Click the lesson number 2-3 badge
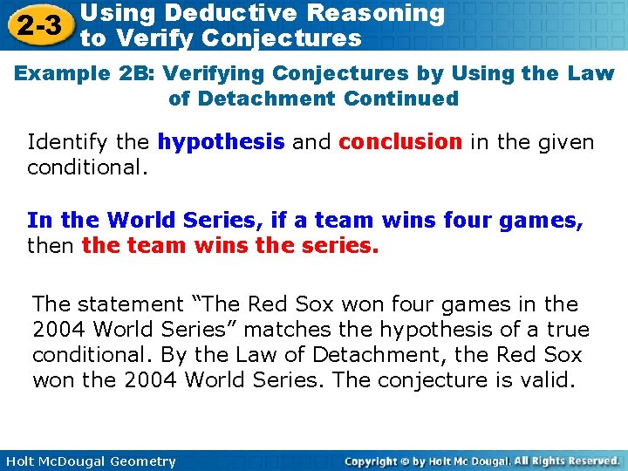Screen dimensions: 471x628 click(37, 26)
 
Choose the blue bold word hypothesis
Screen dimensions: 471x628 click(222, 141)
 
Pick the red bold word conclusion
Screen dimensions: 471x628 click(400, 141)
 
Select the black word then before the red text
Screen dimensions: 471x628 click(51, 246)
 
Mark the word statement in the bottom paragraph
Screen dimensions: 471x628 click(128, 304)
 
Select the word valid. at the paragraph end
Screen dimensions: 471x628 click(546, 380)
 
